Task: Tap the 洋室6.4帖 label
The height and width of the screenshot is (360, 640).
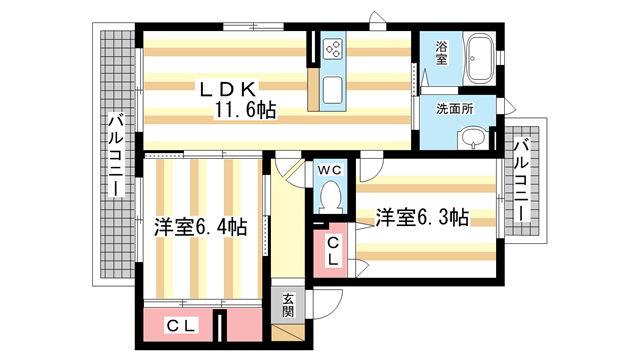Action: coord(200,227)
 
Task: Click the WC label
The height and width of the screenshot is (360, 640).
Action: coord(329,170)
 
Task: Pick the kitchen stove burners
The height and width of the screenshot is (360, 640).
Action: coord(333,47)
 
